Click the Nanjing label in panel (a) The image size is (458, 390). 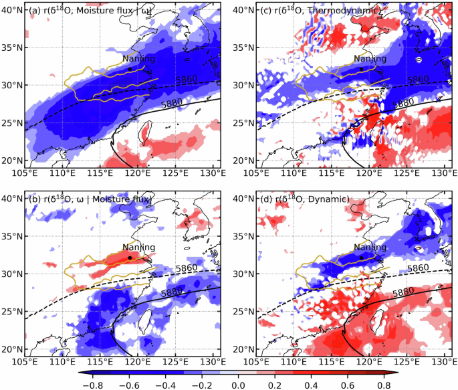[x=138, y=59]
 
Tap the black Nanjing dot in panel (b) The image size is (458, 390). [x=129, y=258]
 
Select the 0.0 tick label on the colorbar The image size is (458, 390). [x=238, y=385]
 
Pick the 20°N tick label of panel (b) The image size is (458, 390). [x=11, y=349]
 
